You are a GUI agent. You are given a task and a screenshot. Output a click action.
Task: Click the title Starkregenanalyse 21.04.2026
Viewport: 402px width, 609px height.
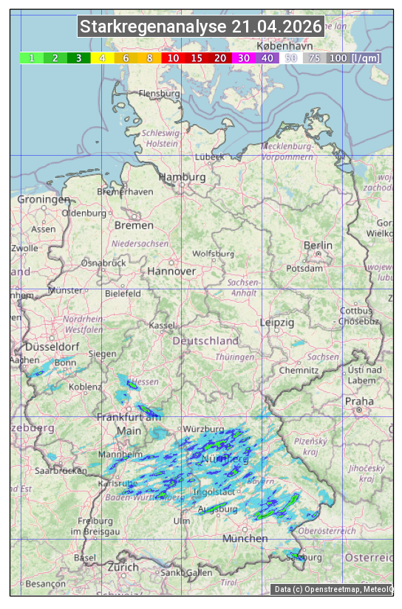[x=201, y=27]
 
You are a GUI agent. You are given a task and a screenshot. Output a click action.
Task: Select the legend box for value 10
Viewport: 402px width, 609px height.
[x=173, y=58]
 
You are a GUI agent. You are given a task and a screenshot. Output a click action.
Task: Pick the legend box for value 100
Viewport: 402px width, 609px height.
[x=338, y=58]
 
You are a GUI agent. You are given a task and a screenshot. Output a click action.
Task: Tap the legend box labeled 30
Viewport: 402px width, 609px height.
[x=243, y=58]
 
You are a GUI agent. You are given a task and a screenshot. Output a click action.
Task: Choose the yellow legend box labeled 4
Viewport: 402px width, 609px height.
[x=103, y=58]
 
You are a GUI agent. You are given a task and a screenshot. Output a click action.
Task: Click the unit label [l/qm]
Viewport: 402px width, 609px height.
[x=367, y=58]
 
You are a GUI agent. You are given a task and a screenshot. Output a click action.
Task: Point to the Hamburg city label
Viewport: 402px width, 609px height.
[x=182, y=178]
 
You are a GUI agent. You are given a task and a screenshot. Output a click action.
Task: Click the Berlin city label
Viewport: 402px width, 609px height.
[x=318, y=245]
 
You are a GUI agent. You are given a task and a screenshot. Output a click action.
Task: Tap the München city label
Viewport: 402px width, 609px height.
[x=245, y=539]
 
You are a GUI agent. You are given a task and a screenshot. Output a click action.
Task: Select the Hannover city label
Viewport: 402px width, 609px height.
[x=171, y=272]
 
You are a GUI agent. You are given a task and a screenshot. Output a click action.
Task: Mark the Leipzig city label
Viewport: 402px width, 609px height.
[x=277, y=323]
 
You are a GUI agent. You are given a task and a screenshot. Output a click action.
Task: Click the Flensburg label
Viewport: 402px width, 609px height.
[x=160, y=94]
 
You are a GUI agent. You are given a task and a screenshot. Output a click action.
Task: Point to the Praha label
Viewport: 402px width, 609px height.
[x=359, y=402]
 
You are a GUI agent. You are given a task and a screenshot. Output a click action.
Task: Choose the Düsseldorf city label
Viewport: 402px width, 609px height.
[x=52, y=347]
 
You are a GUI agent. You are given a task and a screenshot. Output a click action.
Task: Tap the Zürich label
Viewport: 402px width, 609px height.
[x=123, y=567]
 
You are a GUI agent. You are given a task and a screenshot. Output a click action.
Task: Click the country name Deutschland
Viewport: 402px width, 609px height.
[x=205, y=341]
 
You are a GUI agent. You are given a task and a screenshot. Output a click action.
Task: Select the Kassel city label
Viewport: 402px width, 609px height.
[x=162, y=326]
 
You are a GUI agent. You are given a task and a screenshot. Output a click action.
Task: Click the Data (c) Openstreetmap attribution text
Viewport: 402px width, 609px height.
[x=333, y=589]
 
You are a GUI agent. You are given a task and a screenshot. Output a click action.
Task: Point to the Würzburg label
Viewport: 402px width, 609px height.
[x=203, y=429]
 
